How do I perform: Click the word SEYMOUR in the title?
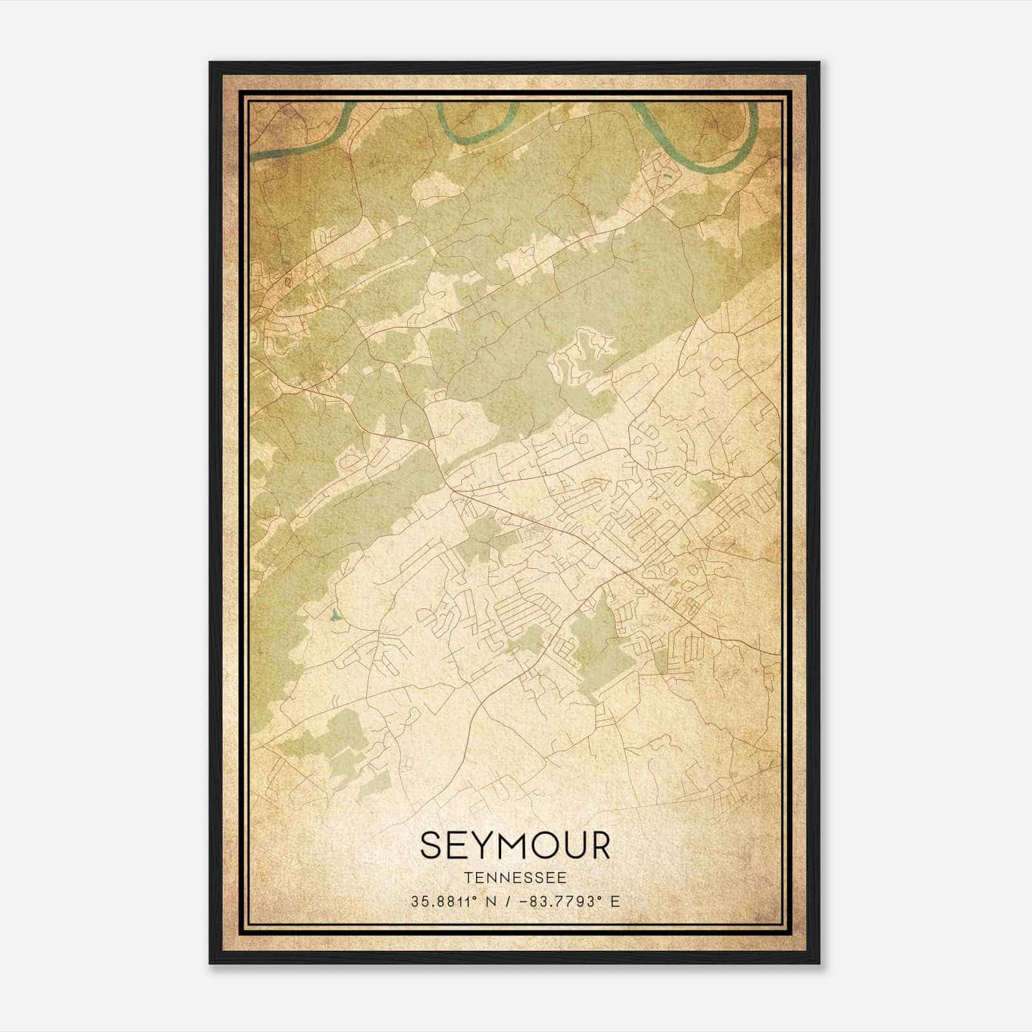tap(515, 846)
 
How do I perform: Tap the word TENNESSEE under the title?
tap(515, 878)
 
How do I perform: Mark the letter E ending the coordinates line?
tap(615, 901)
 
